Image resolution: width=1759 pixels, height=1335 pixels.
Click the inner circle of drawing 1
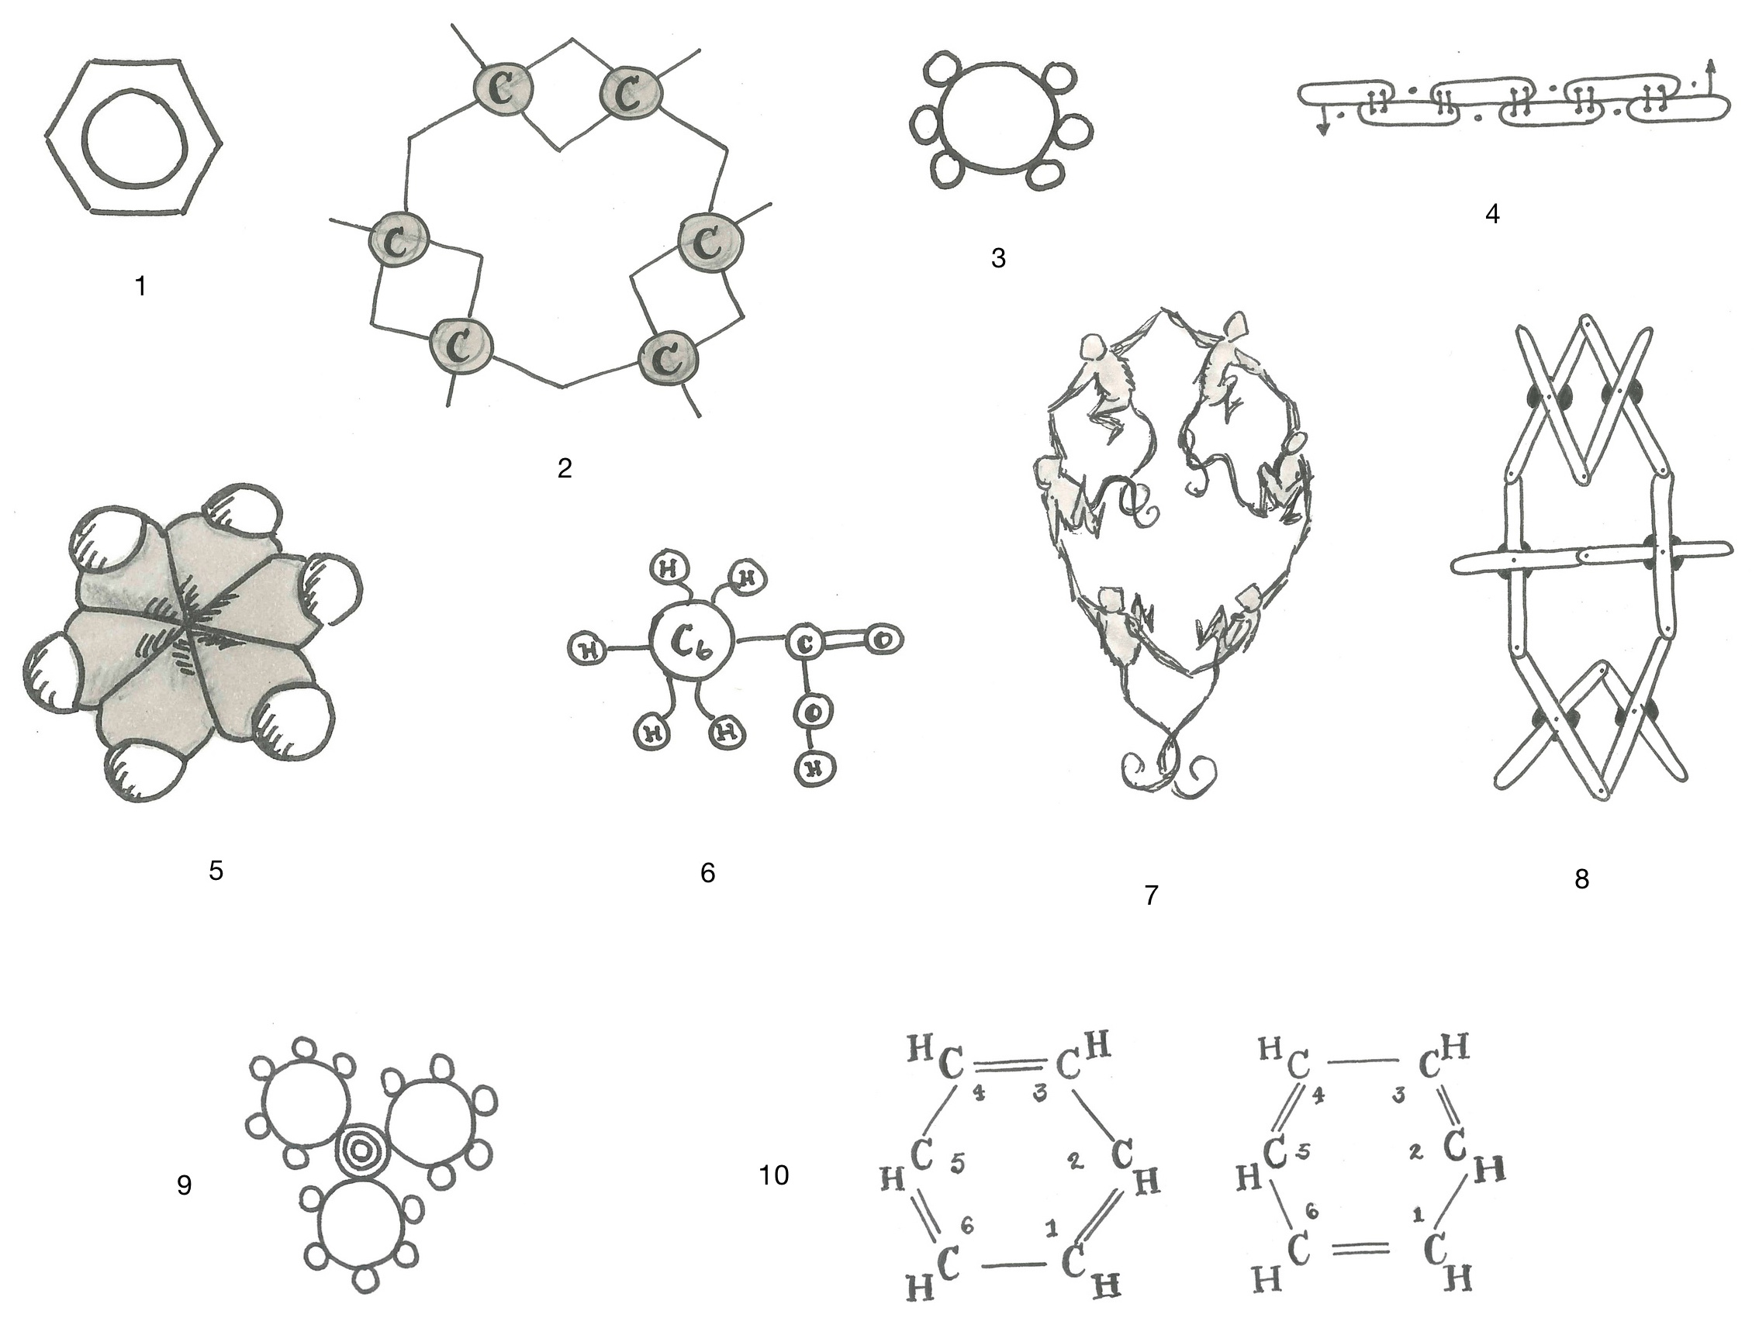coord(134,137)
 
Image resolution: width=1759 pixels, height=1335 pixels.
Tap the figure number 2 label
coord(564,468)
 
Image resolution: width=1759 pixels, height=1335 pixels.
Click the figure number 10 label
coord(773,1175)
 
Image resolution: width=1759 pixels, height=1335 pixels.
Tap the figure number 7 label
coord(1151,895)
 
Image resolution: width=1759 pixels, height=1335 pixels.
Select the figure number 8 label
coord(1581,878)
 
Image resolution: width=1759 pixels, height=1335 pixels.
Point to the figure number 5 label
coord(216,871)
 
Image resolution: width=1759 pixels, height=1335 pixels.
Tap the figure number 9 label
coord(184,1185)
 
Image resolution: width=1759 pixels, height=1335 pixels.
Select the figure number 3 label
coord(998,257)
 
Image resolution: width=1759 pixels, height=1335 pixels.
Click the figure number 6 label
coord(707,873)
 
